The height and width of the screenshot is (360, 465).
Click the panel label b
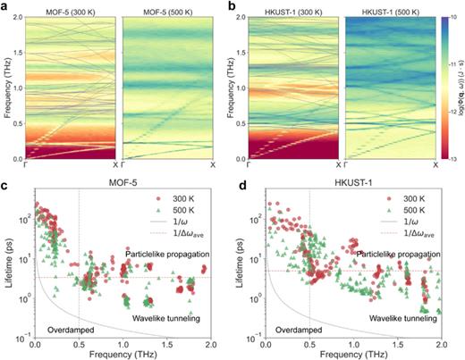[x=236, y=6]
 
